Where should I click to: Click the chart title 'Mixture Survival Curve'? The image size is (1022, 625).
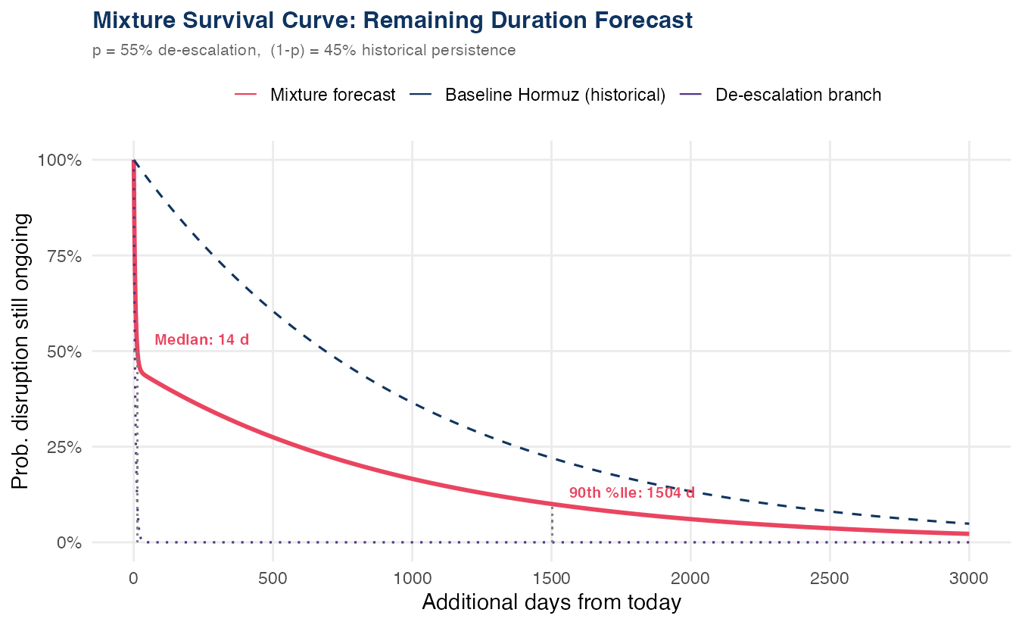pyautogui.click(x=392, y=20)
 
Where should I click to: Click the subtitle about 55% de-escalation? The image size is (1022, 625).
pyautogui.click(x=304, y=51)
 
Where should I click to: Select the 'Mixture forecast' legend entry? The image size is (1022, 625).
pyautogui.click(x=332, y=95)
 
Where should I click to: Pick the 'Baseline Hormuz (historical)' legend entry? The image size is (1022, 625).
pyautogui.click(x=555, y=95)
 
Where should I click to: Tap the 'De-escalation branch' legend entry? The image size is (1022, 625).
pyautogui.click(x=798, y=95)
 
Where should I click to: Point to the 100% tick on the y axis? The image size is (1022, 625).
pyautogui.click(x=60, y=161)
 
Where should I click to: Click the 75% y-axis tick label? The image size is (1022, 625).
pyautogui.click(x=64, y=256)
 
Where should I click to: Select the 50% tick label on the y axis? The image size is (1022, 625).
pyautogui.click(x=64, y=352)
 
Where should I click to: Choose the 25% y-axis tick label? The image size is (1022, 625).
pyautogui.click(x=64, y=447)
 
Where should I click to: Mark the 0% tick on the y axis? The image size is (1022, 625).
pyautogui.click(x=68, y=542)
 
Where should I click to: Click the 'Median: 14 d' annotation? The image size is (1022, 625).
pyautogui.click(x=201, y=340)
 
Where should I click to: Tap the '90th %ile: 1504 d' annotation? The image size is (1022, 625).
pyautogui.click(x=631, y=493)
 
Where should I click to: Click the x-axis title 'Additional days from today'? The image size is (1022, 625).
pyautogui.click(x=551, y=603)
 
